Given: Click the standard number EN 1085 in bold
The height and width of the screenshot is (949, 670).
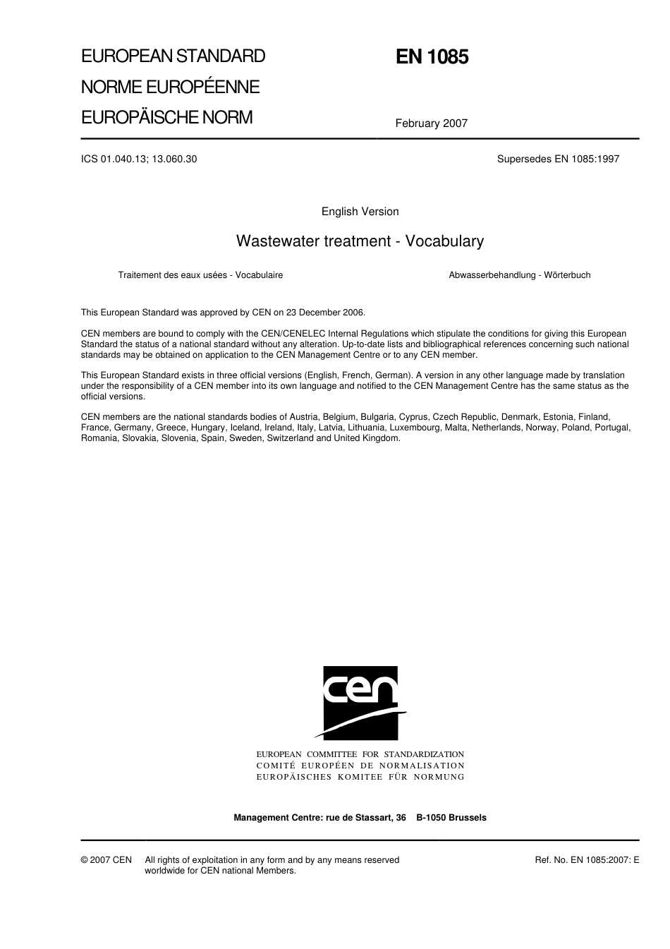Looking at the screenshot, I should pos(432,57).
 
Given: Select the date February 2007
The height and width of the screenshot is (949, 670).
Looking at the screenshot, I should pos(431,123).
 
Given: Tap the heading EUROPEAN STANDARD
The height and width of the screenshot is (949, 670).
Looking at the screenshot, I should pos(173,56).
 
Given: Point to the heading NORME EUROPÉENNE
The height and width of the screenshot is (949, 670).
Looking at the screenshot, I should pos(170,87).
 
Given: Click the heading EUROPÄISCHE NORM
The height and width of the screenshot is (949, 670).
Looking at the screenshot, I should pos(166,118).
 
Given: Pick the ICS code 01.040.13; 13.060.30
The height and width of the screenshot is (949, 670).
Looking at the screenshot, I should pos(139,159).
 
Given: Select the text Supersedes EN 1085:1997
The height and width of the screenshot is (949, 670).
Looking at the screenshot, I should pos(558,159).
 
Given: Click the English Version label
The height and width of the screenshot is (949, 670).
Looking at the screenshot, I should pos(360,212).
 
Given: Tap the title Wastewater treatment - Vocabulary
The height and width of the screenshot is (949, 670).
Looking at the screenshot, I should pos(360,241).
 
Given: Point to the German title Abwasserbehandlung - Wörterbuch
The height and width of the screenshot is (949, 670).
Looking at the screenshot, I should pos(519,275).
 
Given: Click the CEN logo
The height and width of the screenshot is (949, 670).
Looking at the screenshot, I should pos(360,703).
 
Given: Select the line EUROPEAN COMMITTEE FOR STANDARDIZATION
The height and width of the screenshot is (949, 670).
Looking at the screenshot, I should pos(360,755).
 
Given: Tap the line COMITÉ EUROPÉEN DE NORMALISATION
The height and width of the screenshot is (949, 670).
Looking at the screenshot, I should pos(360,766).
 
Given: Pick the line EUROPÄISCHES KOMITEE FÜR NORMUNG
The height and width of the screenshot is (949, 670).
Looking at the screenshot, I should pos(360,777).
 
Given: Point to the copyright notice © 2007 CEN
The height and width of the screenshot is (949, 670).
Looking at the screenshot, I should pos(106,860).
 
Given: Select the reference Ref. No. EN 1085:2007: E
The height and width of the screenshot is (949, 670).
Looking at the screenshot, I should pos(587,860).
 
